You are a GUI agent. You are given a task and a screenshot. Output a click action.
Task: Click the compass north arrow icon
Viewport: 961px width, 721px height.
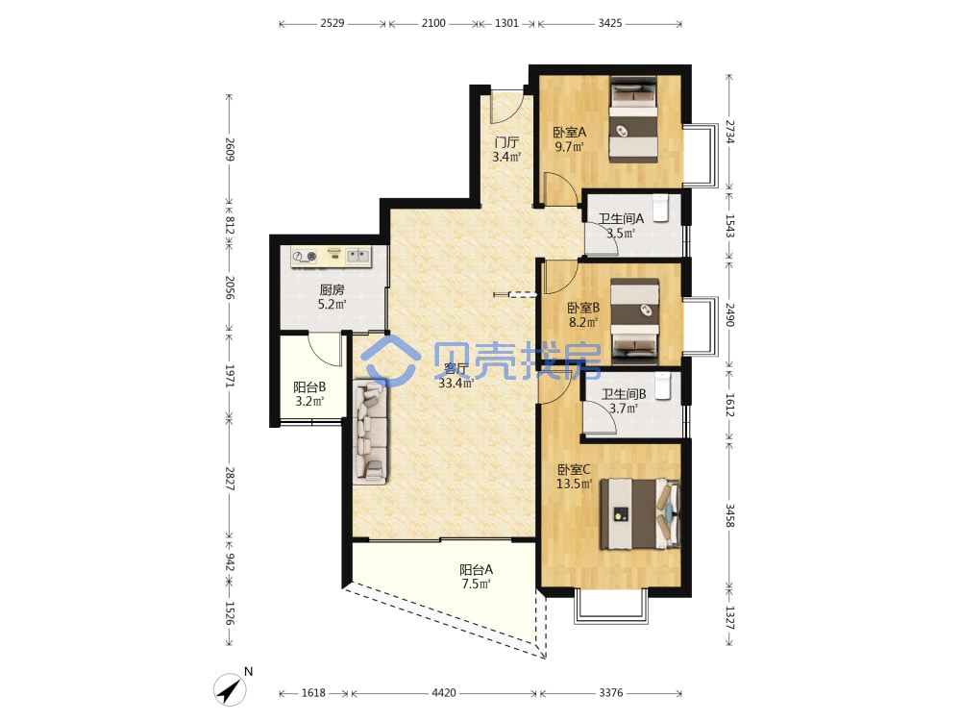pyautogui.click(x=230, y=689)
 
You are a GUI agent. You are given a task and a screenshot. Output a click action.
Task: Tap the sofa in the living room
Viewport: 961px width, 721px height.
pyautogui.click(x=371, y=432)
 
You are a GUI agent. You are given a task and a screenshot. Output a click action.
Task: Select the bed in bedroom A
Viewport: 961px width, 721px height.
pyautogui.click(x=633, y=119)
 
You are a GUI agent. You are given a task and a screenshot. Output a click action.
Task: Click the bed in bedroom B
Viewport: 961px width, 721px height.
pyautogui.click(x=635, y=319)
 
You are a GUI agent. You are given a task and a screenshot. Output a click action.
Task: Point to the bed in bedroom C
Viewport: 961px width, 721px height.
pyautogui.click(x=640, y=513)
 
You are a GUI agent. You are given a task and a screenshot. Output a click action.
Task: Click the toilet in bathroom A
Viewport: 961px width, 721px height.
pyautogui.click(x=661, y=208)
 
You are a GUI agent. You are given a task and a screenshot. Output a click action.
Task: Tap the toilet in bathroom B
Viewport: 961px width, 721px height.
pyautogui.click(x=663, y=385)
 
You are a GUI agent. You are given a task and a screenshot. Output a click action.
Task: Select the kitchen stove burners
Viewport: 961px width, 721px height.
pyautogui.click(x=304, y=257)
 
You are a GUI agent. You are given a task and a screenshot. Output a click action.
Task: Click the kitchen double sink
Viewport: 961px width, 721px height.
pyautogui.click(x=357, y=255)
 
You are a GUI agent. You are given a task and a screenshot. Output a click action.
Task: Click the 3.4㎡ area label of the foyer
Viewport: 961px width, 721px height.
pyautogui.click(x=506, y=157)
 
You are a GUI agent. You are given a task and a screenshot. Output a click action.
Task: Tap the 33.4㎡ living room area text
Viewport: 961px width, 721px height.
pyautogui.click(x=456, y=384)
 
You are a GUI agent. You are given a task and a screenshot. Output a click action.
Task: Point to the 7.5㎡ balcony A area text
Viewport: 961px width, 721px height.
pyautogui.click(x=477, y=584)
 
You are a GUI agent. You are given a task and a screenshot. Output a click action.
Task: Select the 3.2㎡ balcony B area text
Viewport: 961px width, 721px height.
pyautogui.click(x=309, y=402)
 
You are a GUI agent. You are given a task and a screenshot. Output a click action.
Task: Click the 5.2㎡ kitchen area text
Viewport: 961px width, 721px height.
pyautogui.click(x=333, y=304)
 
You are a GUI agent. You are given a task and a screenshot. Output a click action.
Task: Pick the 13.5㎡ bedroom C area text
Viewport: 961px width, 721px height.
pyautogui.click(x=575, y=484)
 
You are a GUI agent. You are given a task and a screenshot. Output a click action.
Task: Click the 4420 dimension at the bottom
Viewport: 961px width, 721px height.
pyautogui.click(x=444, y=693)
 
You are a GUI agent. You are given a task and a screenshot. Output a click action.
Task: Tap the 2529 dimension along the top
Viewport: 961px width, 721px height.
pyautogui.click(x=333, y=23)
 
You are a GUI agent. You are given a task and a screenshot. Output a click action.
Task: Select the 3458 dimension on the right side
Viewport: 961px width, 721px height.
pyautogui.click(x=730, y=515)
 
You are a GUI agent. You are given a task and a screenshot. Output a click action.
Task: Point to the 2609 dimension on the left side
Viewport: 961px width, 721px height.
pyautogui.click(x=230, y=150)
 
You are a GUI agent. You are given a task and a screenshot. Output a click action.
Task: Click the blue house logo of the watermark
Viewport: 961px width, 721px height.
pyautogui.click(x=390, y=361)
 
